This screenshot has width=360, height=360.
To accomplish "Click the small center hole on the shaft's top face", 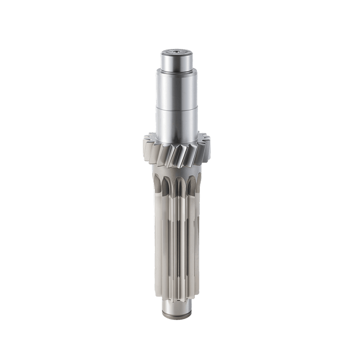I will tap(177, 53).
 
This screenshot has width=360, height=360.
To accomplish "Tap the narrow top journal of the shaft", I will tap(177, 62).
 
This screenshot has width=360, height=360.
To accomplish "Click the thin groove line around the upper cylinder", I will tap(177, 108).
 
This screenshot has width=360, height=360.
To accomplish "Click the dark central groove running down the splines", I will tap(176, 234).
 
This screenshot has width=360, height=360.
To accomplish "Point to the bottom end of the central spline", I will tap(176, 297).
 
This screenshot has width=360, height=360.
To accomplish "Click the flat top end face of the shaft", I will tap(177, 54).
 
